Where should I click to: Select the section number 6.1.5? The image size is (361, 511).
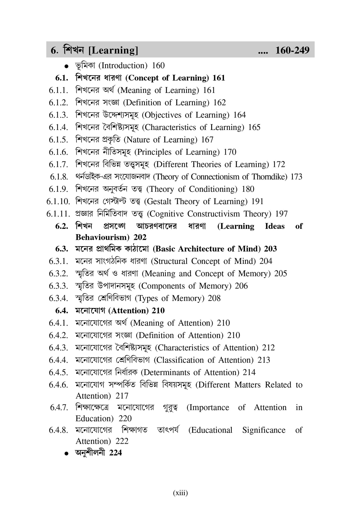[x=59, y=140]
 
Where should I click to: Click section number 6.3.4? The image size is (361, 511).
[x=59, y=298]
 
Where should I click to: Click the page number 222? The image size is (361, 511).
[x=122, y=441]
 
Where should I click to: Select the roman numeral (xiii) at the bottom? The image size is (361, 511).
[x=180, y=493]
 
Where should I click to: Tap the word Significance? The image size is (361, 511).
[x=264, y=430]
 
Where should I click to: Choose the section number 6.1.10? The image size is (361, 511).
[x=58, y=201]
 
